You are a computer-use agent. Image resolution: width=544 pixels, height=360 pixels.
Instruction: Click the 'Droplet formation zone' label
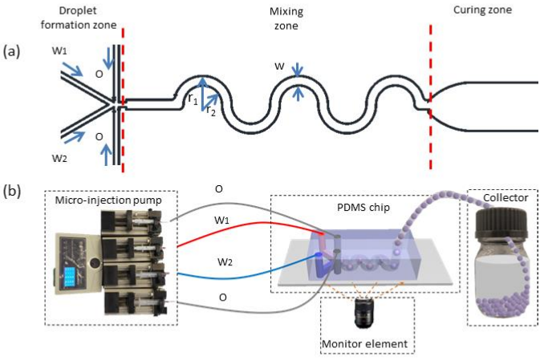(x=79, y=18)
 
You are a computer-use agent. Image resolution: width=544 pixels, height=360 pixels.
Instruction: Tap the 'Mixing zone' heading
(x=286, y=18)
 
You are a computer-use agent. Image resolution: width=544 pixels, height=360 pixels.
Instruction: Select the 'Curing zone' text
(x=482, y=10)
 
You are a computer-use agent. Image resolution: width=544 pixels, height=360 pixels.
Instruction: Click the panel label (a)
(x=11, y=51)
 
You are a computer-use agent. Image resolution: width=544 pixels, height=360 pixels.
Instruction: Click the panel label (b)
(x=12, y=192)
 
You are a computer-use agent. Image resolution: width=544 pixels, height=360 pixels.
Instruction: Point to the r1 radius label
(x=193, y=99)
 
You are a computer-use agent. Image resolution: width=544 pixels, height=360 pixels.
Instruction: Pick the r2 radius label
(x=210, y=111)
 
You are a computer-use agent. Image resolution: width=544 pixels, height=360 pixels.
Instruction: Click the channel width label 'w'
(x=280, y=66)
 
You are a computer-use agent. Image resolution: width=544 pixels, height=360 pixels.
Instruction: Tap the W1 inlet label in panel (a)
(x=59, y=51)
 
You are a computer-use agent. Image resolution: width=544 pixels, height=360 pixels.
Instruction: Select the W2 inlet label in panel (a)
(x=59, y=159)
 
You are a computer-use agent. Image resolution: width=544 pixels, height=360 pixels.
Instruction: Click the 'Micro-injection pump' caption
(x=108, y=200)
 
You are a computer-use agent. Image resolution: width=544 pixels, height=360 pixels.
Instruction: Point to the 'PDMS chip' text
(x=363, y=208)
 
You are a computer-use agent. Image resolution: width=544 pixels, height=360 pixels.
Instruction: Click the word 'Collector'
(x=505, y=198)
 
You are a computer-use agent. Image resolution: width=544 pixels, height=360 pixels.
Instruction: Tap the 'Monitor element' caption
(x=364, y=344)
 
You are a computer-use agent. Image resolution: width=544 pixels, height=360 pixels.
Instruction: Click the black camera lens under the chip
(x=364, y=313)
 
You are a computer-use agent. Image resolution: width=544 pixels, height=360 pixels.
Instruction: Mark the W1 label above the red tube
(x=221, y=220)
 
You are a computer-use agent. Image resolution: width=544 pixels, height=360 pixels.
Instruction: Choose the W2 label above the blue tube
(x=225, y=262)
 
